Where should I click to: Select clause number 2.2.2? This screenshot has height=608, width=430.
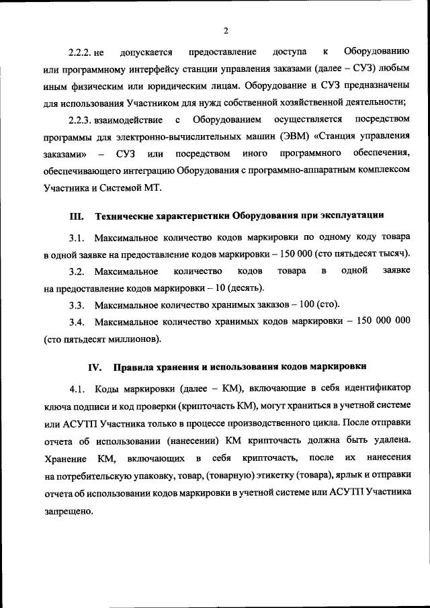pyautogui.click(x=81, y=52)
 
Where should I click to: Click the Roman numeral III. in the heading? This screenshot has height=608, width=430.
pyautogui.click(x=76, y=216)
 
